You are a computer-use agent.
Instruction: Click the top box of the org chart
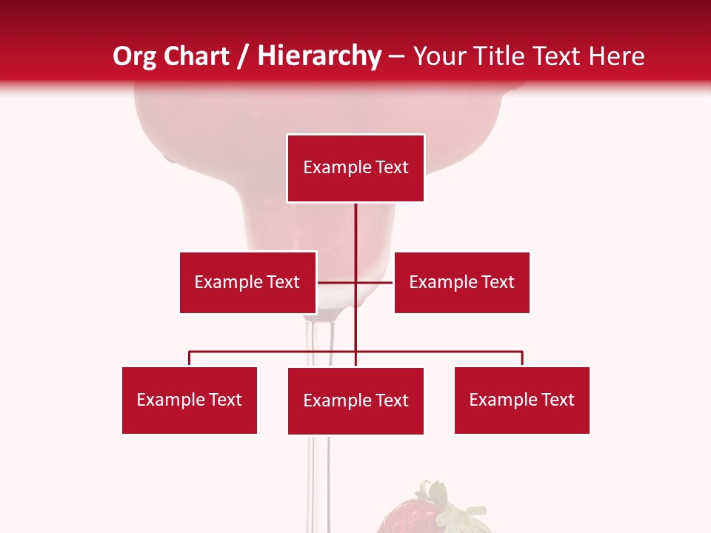click(355, 168)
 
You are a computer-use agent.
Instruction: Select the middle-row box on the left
click(247, 282)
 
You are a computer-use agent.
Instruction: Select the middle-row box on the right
click(461, 282)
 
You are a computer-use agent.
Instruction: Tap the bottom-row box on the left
click(190, 400)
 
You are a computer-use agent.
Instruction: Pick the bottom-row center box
click(355, 400)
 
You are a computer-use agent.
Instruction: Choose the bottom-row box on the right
click(521, 400)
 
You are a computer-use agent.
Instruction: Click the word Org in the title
click(135, 56)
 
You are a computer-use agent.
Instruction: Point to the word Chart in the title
click(196, 56)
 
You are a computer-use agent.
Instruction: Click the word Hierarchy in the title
click(319, 56)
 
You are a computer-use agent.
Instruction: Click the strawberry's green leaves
click(437, 500)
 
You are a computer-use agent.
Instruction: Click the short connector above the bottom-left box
click(190, 358)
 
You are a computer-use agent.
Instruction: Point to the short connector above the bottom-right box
click(522, 358)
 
